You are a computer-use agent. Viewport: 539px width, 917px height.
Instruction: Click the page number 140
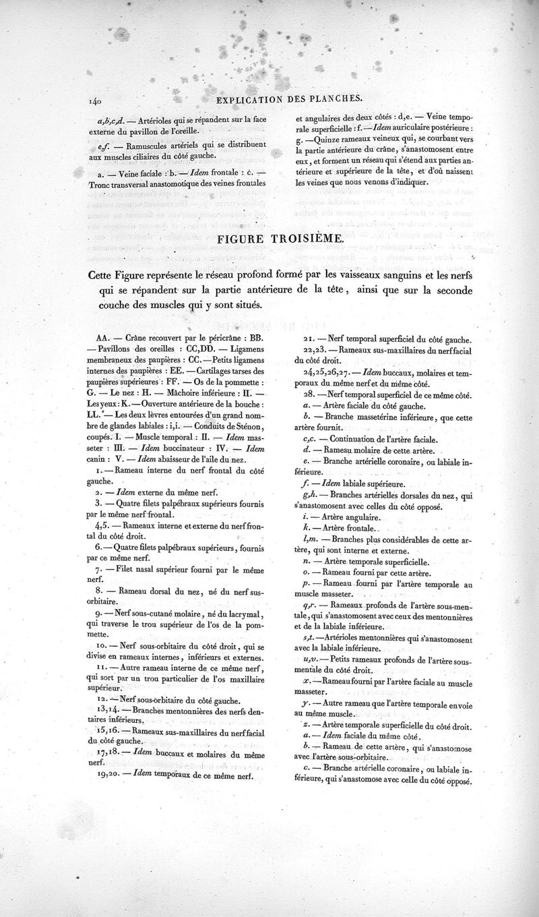[93, 102]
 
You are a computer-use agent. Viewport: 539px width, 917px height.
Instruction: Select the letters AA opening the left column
[104, 337]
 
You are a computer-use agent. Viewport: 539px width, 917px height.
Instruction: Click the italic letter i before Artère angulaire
[305, 518]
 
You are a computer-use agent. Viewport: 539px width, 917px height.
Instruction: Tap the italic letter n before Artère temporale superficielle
[307, 560]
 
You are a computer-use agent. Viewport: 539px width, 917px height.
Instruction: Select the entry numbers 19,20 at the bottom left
[106, 775]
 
